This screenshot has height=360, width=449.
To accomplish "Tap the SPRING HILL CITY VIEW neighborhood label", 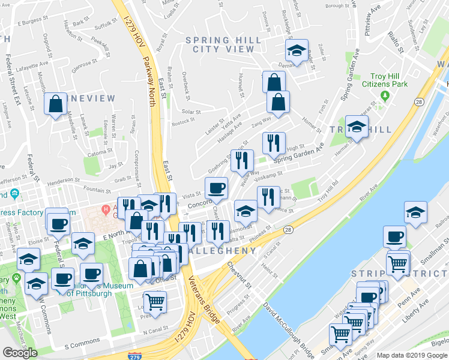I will (223, 45).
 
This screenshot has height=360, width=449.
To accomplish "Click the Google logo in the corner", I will (20, 353).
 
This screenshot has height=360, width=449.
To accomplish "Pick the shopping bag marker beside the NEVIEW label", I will (55, 104).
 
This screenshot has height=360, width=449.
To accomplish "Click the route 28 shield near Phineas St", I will (289, 229).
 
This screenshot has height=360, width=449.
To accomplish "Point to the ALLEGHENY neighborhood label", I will (223, 251).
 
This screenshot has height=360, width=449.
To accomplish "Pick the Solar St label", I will (191, 112).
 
